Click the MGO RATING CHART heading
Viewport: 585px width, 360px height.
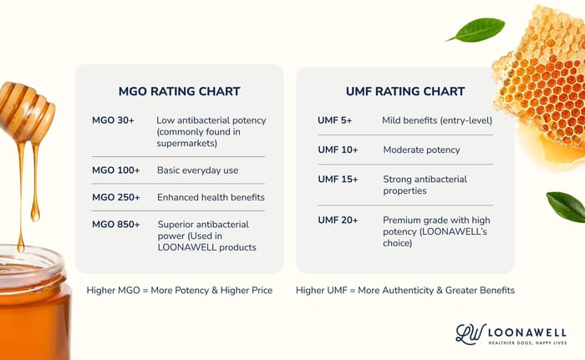tap(179, 91)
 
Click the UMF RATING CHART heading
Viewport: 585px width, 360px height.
tap(405, 91)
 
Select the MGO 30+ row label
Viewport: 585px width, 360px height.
tap(114, 120)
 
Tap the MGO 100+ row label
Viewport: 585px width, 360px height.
tap(116, 170)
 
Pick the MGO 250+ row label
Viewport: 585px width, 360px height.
tap(116, 197)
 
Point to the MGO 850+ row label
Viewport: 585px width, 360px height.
tap(116, 224)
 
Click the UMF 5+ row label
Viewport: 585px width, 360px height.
tap(335, 120)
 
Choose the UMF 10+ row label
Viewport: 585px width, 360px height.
tap(338, 150)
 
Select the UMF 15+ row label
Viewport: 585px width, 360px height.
tap(338, 179)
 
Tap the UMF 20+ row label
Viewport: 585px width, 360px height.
tap(338, 220)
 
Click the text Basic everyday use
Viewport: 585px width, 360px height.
tap(197, 170)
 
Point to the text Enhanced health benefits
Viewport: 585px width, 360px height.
tap(211, 197)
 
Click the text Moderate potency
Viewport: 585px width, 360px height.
tap(421, 150)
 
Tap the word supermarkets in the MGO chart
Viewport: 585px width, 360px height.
tap(188, 143)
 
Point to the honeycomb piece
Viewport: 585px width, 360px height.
tap(542, 84)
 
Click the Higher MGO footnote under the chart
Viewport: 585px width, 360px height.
tap(179, 290)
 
